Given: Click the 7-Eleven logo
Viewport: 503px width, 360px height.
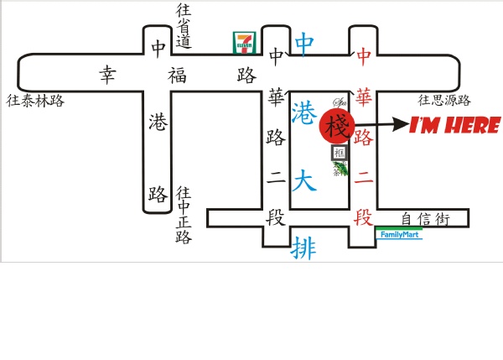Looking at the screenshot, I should point(244,43).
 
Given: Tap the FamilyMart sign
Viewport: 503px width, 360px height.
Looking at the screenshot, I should point(398,235).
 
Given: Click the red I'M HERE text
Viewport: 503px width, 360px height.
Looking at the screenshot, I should point(454,127).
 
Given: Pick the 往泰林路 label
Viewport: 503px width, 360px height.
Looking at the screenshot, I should point(35,101).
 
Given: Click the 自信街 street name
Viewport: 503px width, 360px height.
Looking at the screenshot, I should point(425,220).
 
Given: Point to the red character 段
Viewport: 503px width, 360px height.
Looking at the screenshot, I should point(363,219).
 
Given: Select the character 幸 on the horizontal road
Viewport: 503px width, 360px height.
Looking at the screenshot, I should point(107,76).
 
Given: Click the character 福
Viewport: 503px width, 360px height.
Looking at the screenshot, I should point(179,76).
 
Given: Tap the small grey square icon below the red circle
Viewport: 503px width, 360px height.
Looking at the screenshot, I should point(339,153).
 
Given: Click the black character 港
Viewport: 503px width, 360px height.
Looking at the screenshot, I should point(157,121).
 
